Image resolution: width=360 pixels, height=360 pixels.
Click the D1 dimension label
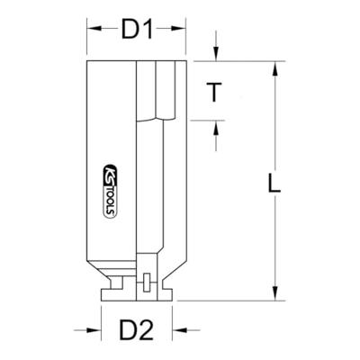137,29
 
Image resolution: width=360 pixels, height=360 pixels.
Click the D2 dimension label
137,330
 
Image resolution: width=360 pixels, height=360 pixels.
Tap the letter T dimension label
214,92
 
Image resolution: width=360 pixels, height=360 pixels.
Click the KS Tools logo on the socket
110,191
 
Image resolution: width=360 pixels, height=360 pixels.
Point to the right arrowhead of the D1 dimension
179,29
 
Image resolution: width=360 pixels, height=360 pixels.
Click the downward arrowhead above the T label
216,55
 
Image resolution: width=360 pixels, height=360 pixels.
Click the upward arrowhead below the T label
216,127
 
